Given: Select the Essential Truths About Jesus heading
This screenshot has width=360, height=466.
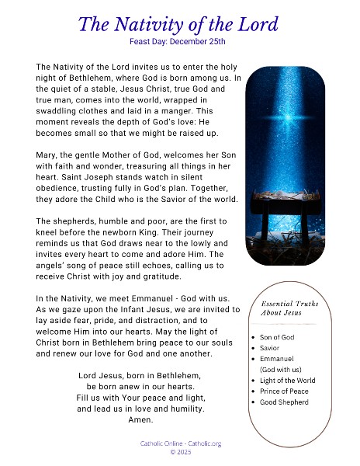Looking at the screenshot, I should click(x=290, y=309).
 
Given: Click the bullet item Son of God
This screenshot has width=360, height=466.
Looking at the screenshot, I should click(x=279, y=337).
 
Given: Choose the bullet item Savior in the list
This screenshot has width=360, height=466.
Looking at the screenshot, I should click(x=272, y=348).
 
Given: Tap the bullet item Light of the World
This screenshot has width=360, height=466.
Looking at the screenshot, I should click(x=288, y=381).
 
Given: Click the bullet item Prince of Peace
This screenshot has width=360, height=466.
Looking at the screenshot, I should click(x=285, y=391).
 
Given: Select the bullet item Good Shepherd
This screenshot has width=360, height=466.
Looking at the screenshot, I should click(x=284, y=402).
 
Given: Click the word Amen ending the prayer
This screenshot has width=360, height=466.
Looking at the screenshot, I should click(x=140, y=420).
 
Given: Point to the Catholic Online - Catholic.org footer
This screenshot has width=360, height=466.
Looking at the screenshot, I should click(x=179, y=443).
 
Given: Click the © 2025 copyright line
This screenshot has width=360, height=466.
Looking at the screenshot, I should click(x=179, y=452).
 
